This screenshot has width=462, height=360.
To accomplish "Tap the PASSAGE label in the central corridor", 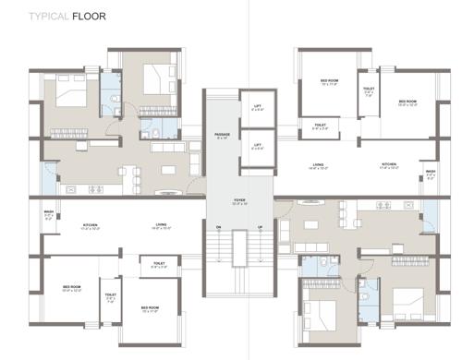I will coord(222,134).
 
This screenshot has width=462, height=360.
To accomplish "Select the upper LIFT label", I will coord(258,106).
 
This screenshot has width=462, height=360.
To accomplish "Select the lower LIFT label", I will coord(258,144).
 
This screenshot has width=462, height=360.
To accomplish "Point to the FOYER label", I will coord(239,198).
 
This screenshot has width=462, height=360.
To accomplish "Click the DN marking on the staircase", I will coord(218,227).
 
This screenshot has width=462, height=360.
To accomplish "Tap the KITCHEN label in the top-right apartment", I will coord(389,165).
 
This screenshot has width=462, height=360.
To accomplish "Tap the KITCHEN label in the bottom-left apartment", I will coord(91,224).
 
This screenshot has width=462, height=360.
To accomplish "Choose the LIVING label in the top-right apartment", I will coord(319,165).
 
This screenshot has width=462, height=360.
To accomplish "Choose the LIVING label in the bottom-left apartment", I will coord(161,224).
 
